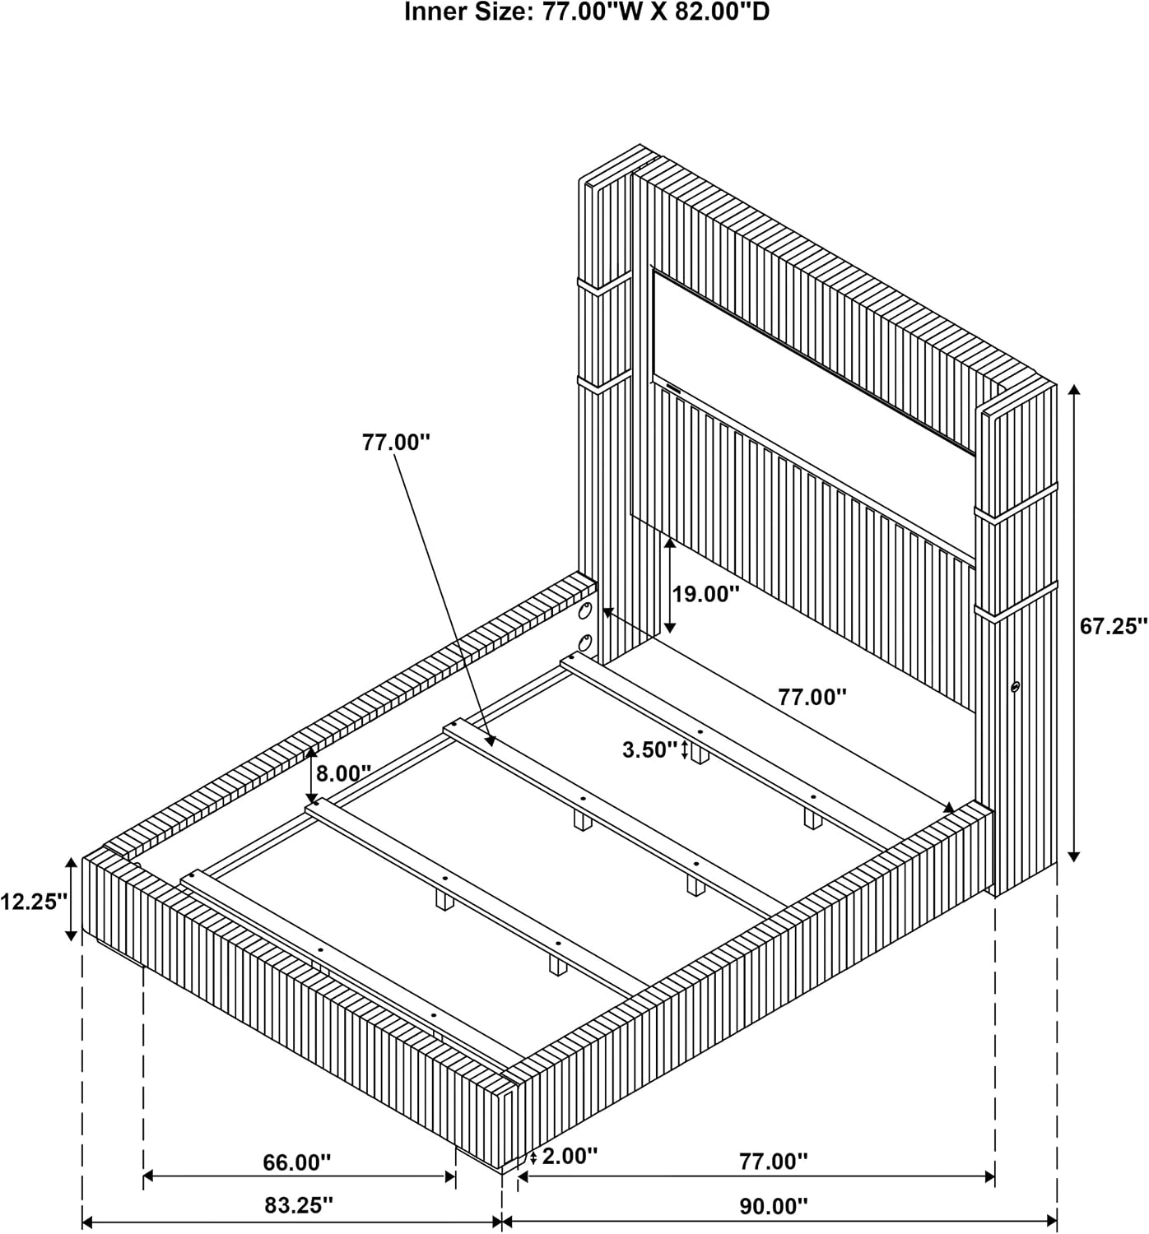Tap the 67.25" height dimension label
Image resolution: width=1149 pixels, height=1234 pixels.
[x=1113, y=626]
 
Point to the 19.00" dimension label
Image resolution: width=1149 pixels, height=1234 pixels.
[x=705, y=594]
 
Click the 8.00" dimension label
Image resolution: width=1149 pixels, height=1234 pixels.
[x=344, y=773]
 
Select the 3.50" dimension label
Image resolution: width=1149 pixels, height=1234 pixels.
[x=649, y=750]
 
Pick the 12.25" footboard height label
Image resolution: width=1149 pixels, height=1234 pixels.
[x=34, y=901]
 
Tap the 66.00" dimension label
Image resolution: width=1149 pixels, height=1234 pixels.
[x=297, y=1162]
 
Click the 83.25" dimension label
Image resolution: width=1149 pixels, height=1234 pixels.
[x=299, y=1205]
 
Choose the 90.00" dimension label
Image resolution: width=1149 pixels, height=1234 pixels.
[x=774, y=1207]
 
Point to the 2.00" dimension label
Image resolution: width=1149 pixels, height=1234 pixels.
[x=570, y=1157]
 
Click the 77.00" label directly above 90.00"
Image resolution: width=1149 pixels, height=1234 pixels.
[x=774, y=1161]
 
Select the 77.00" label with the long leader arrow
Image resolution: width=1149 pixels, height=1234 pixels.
[x=397, y=443]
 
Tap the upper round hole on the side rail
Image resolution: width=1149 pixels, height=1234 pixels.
[x=584, y=612]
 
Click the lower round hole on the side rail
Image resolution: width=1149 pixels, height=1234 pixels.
[x=584, y=643]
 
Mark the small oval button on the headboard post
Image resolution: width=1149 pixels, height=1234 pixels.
[x=1016, y=687]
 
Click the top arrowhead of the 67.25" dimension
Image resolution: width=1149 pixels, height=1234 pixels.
[x=1074, y=390]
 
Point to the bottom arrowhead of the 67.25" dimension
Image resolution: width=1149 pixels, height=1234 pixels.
[x=1074, y=856]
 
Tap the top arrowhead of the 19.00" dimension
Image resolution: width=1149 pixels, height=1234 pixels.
[x=670, y=543]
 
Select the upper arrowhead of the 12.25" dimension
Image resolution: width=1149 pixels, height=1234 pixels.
[x=72, y=863]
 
